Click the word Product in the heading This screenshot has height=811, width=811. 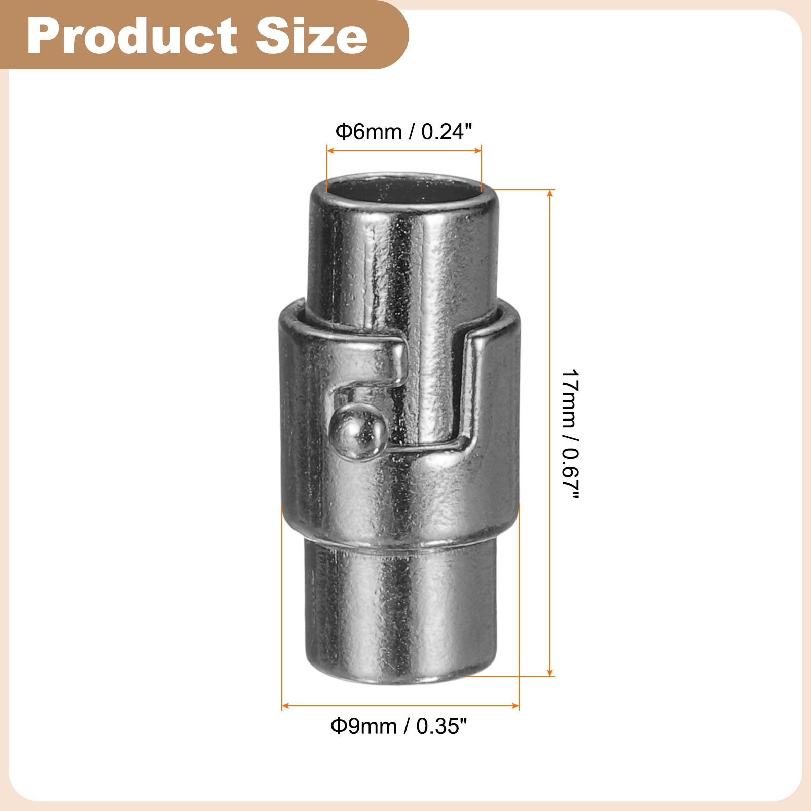[x=132, y=35]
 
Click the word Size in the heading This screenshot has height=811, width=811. [x=312, y=35]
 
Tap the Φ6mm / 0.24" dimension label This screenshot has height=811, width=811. [x=403, y=132]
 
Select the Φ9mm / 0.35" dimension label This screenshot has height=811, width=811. [x=398, y=726]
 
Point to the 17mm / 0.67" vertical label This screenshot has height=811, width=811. [x=570, y=434]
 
